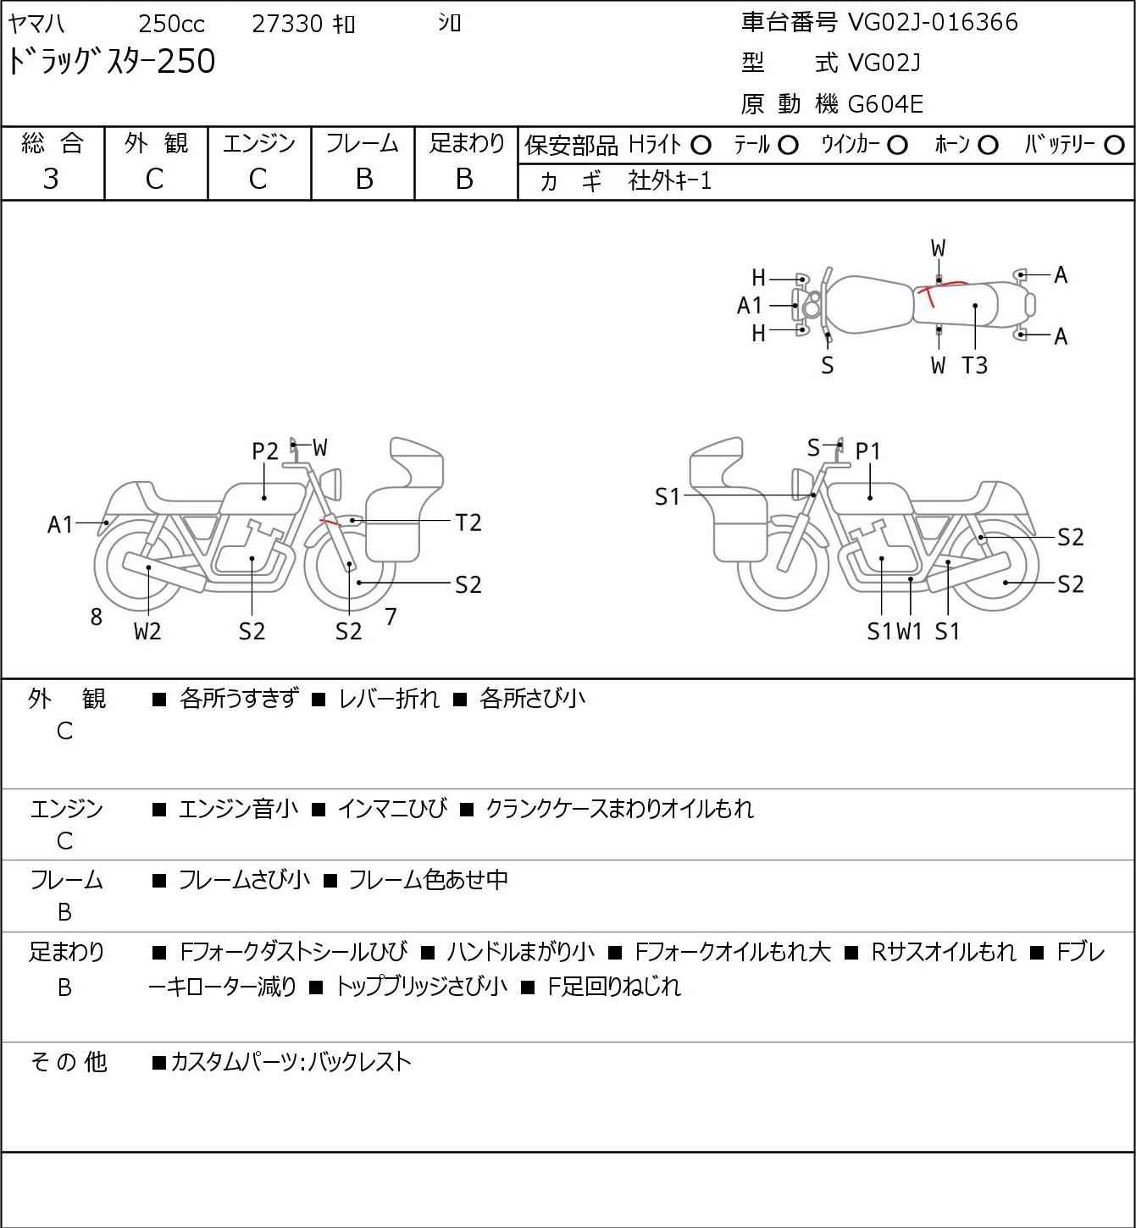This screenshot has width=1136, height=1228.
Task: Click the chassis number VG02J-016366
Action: pos(933,22)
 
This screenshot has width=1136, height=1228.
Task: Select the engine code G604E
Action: pos(884,104)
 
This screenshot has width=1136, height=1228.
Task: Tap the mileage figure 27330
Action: pos(287,24)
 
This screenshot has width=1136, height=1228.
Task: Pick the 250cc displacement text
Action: pos(171,24)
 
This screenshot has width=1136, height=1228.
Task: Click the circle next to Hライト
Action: pos(701,146)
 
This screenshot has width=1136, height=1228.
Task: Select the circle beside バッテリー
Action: pos(1114,146)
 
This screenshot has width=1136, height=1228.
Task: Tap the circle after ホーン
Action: pos(988,146)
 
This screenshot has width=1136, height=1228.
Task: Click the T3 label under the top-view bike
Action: pos(974,365)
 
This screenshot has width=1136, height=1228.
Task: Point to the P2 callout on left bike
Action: pos(265,451)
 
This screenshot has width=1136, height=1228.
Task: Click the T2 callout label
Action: pos(468,523)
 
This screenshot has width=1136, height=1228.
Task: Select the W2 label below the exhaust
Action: pos(147,631)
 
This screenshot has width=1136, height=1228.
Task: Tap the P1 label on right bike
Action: pos(867,451)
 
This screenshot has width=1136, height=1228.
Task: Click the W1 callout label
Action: pos(910,631)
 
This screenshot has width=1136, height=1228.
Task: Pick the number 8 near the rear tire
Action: pos(96,617)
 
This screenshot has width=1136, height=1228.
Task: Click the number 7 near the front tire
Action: pos(391,617)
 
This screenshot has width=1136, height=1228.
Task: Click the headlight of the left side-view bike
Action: pos(331,484)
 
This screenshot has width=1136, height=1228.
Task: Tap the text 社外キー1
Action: pos(669,181)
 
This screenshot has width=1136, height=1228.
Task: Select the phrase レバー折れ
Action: pos(389,699)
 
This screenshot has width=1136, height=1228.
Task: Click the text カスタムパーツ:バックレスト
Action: pos(291,1062)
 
